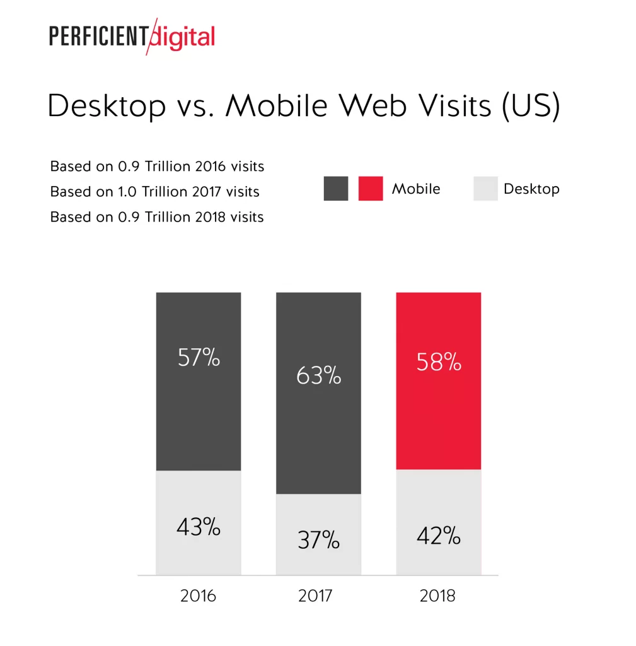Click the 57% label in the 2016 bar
199,358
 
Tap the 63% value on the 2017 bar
318,376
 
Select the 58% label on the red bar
439,362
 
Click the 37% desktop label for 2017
318,540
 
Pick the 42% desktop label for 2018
439,536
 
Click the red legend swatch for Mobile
371,189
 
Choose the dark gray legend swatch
336,189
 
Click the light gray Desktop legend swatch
485,189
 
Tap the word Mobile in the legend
416,189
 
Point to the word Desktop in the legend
531,189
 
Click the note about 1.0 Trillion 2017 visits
154,192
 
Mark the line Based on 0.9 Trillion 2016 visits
157,167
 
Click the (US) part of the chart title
531,106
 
